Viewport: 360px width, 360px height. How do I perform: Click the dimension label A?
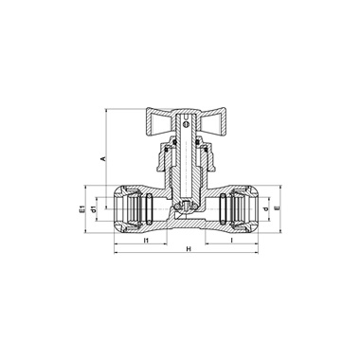coord(102,158)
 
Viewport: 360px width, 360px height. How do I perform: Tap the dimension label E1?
coord(81,209)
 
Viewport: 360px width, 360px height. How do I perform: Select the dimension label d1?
coord(93,209)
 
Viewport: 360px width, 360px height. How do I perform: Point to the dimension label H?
coord(189,249)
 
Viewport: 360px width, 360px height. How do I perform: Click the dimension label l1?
coord(146,241)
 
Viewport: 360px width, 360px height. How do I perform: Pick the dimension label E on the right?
coord(277,208)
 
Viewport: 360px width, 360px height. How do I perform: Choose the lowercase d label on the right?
coord(265,208)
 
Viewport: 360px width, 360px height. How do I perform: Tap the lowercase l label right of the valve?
coord(232,241)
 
